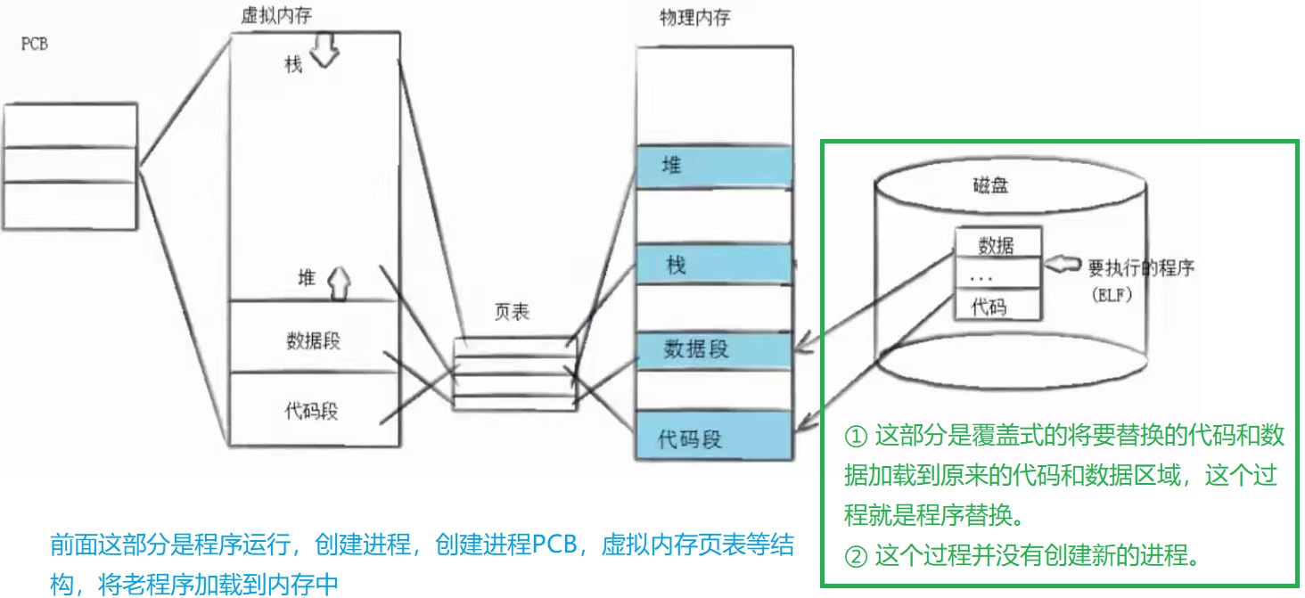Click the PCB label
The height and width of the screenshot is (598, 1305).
[34, 44]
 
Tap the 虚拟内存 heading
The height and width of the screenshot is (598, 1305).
[276, 15]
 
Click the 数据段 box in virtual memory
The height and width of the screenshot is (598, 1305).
[313, 340]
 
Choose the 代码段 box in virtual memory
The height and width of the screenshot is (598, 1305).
[311, 412]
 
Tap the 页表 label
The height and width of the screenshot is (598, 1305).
[512, 312]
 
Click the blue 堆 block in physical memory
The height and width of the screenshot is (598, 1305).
[713, 167]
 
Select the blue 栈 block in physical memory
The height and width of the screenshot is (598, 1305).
[713, 265]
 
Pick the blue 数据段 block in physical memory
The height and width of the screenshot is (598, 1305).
[713, 349]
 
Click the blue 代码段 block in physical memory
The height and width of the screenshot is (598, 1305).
[713, 438]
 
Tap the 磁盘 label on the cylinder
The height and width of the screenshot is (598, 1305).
[990, 187]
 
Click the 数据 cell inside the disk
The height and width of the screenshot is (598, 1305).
[996, 244]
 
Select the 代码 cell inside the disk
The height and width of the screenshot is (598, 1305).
[996, 306]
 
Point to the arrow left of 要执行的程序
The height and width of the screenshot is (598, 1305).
[1063, 265]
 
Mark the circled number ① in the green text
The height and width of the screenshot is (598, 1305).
[855, 437]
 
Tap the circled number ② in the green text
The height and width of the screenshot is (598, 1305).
[855, 557]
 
